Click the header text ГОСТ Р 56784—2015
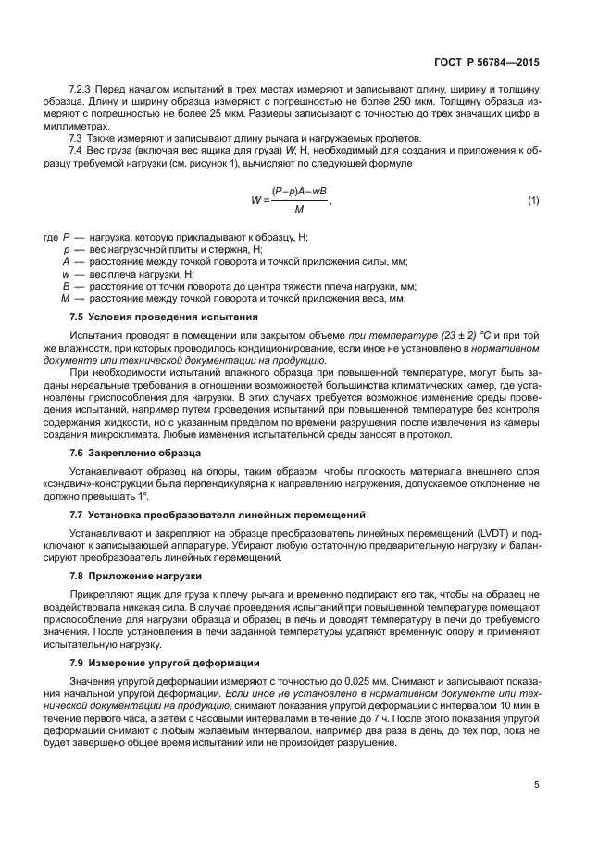click(487, 64)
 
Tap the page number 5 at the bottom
click(536, 785)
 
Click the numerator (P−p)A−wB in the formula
click(300, 191)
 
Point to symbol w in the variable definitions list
click(66, 274)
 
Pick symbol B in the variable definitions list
click(66, 286)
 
